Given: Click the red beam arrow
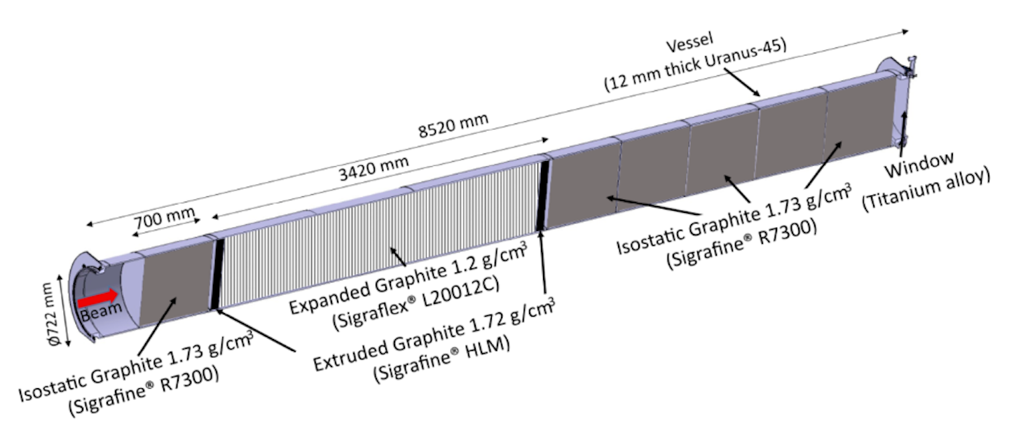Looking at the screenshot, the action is click(x=98, y=298).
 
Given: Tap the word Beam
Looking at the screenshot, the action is click(x=102, y=311).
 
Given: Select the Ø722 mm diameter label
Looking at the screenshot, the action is click(x=53, y=315).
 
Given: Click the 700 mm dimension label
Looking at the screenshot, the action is click(x=165, y=218).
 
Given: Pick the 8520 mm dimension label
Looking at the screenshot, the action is click(x=453, y=125).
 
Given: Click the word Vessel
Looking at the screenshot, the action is click(x=689, y=43).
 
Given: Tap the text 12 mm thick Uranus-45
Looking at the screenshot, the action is click(x=696, y=66).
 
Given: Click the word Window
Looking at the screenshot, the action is click(x=919, y=165).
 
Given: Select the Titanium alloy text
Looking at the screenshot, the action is click(x=926, y=188).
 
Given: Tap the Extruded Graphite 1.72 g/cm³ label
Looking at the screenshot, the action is click(x=434, y=335).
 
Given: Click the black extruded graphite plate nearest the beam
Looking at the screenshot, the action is click(x=217, y=275).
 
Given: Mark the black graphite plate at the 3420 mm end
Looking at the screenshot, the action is click(x=543, y=195).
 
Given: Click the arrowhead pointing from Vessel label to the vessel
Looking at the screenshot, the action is click(x=756, y=92).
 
